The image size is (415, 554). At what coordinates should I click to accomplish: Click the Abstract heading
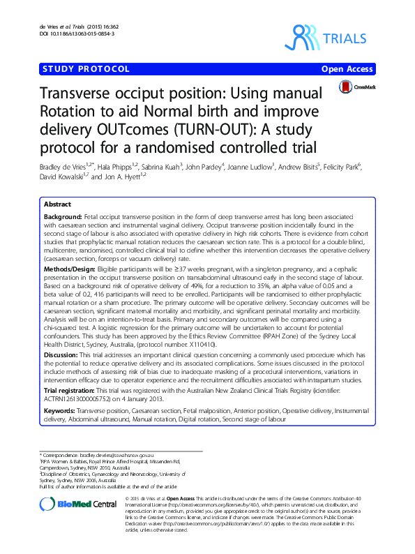tap(57, 205)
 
